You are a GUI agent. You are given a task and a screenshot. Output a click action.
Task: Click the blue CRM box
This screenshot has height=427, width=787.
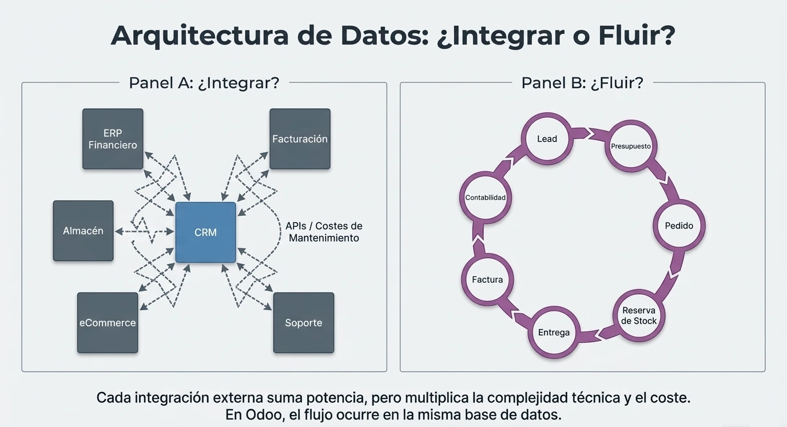(x=205, y=232)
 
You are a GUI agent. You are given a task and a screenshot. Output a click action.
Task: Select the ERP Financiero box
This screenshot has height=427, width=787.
(x=113, y=139)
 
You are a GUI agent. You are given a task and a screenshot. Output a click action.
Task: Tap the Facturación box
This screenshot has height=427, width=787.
(x=300, y=139)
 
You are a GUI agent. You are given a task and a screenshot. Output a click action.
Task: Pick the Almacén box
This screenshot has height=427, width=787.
(x=83, y=231)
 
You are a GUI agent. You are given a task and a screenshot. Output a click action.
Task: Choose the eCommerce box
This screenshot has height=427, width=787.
(x=108, y=323)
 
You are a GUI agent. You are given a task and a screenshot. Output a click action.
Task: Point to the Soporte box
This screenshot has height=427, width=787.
(x=304, y=323)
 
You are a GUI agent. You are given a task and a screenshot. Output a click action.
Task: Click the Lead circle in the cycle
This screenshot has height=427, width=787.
(x=547, y=139)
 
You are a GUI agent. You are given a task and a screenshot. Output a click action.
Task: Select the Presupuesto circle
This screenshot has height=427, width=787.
(x=631, y=146)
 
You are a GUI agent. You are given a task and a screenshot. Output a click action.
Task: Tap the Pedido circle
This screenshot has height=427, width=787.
(x=679, y=226)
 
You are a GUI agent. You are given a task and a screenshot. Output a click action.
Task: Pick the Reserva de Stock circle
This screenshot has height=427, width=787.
(x=639, y=315)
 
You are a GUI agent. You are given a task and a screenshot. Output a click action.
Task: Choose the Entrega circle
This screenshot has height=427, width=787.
(x=554, y=332)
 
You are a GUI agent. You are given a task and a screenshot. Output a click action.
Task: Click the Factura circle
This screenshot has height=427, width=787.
(x=487, y=279)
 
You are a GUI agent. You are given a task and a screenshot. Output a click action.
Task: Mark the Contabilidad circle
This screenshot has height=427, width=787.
(x=486, y=197)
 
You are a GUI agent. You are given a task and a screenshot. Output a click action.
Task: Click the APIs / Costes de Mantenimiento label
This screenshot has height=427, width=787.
(x=324, y=232)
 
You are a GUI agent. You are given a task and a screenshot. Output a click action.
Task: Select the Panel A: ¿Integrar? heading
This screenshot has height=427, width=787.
(x=204, y=82)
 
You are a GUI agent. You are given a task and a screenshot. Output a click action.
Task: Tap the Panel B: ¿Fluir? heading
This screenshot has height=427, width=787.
(x=582, y=82)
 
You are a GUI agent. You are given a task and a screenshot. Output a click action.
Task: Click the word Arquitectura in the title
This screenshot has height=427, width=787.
(x=200, y=35)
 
